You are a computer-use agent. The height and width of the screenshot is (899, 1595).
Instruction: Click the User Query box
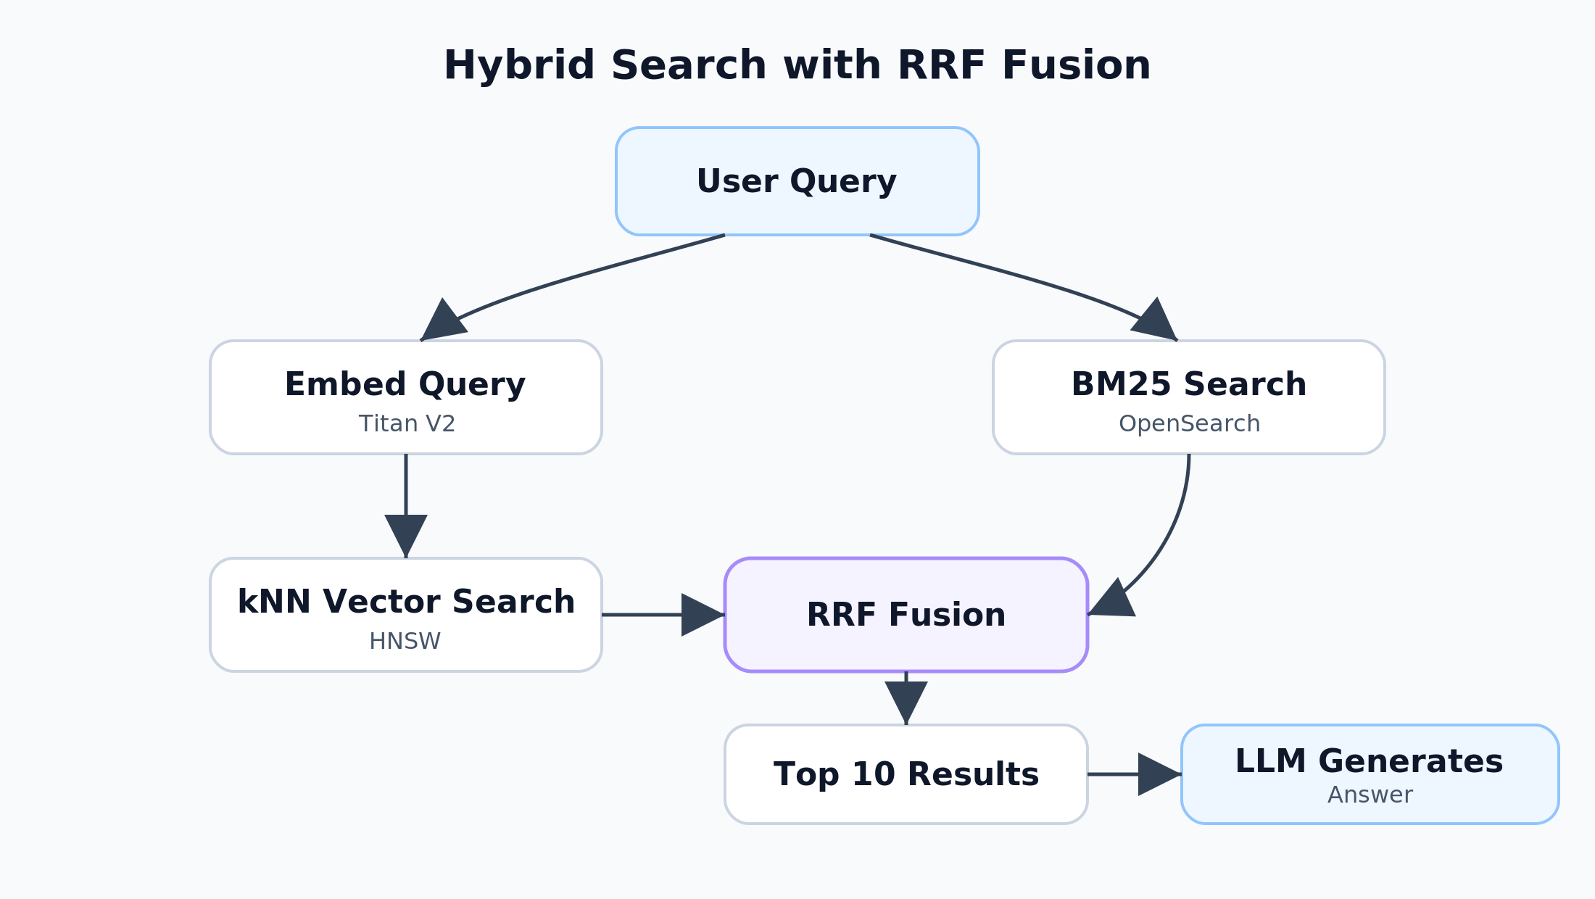point(797,181)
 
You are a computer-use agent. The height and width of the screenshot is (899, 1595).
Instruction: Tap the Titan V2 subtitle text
point(407,424)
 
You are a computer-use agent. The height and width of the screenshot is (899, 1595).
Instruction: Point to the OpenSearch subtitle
point(1189,424)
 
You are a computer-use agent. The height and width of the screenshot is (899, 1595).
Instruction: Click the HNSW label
point(405,642)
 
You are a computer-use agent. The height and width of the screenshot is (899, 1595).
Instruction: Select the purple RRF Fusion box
point(906,615)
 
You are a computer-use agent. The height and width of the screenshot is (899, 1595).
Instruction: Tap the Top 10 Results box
point(906,774)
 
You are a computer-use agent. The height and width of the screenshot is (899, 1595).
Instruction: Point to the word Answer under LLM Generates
point(1370,795)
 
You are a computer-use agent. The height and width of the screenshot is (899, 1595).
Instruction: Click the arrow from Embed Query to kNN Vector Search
point(405,500)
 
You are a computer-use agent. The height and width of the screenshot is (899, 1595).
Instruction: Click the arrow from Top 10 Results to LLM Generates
point(1131,774)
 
